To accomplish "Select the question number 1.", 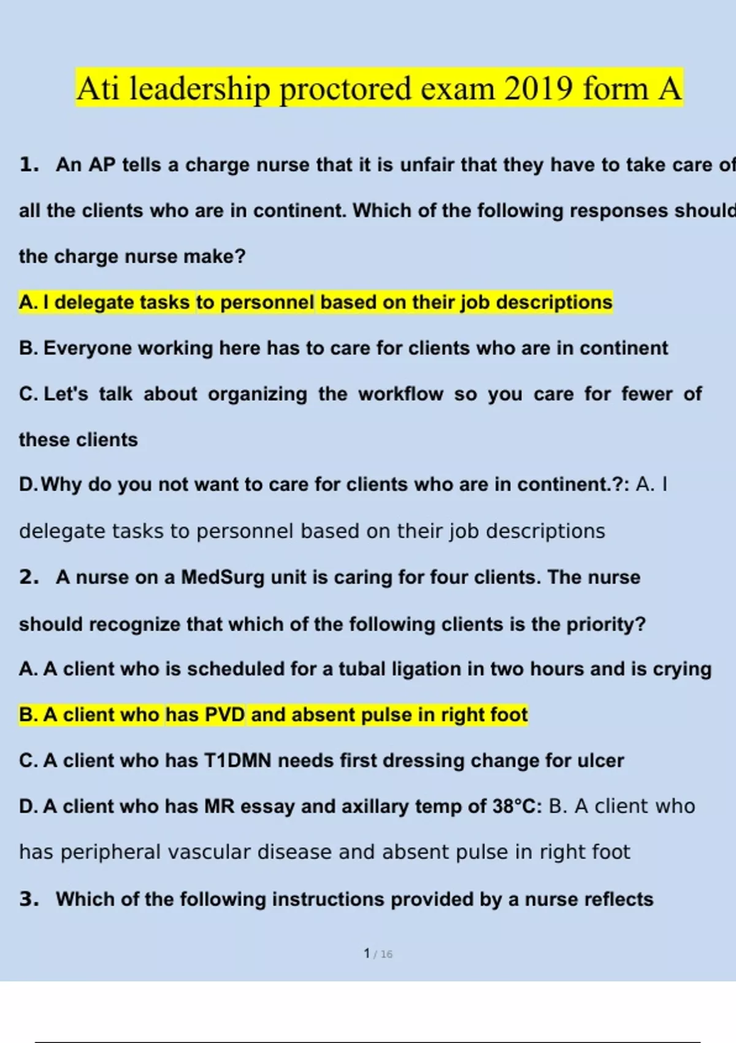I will click(29, 164).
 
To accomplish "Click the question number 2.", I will click(29, 577).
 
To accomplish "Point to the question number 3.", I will click(29, 899).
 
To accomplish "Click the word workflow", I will click(401, 394).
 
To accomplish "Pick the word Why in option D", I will click(61, 485).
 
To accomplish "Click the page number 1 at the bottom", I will click(366, 953).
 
